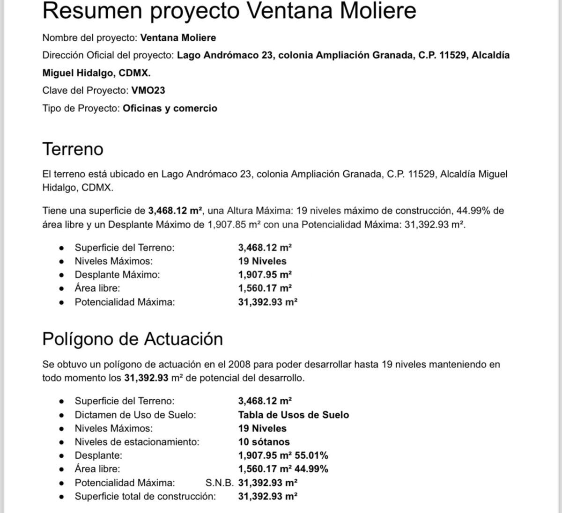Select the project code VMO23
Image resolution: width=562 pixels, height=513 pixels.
point(148,90)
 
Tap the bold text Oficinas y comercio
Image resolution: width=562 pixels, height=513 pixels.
point(170,108)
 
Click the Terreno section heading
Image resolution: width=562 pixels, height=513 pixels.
point(73,149)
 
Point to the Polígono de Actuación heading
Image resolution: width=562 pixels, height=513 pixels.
point(133,338)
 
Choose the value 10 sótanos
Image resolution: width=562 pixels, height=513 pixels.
point(264,441)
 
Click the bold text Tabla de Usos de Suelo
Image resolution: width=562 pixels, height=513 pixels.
point(293,415)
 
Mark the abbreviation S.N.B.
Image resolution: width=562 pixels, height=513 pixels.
point(219,483)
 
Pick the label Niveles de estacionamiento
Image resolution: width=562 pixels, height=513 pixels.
point(137,441)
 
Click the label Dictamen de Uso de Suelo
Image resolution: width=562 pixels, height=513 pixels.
point(135,415)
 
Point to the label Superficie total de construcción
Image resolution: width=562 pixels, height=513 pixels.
point(145,496)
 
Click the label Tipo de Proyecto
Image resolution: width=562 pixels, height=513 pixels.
point(81,108)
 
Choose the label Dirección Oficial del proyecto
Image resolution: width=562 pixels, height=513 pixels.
point(108,55)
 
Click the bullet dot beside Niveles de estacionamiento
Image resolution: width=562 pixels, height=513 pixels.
point(61,442)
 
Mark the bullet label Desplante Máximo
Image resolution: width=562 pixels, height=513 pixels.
point(117,275)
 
